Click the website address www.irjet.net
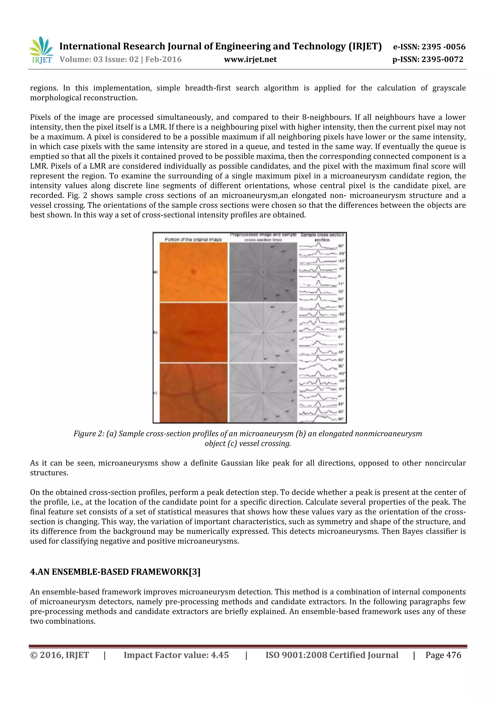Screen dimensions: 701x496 (250, 59)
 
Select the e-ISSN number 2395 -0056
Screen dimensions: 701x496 (443, 47)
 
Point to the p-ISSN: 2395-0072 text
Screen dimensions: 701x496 (428, 59)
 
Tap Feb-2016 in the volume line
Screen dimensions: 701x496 (163, 59)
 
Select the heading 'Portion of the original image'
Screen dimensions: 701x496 (193, 239)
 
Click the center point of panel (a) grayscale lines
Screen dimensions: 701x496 (263, 272)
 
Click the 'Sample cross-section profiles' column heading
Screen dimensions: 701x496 (322, 237)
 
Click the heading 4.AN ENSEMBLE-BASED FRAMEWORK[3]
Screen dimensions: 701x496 (115, 572)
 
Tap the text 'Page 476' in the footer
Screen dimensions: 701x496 (443, 655)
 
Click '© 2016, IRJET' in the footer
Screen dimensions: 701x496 (59, 655)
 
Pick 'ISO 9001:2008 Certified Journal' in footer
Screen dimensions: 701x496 (332, 655)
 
